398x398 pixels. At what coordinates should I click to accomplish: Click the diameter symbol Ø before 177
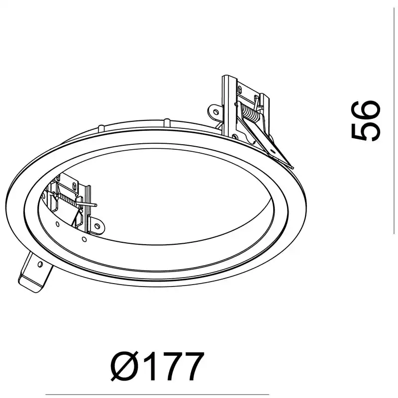(125, 366)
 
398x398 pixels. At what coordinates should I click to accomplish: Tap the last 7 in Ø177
(194, 366)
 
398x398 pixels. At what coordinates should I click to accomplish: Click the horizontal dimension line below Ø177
(157, 395)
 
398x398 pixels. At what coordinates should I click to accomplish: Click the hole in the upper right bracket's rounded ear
(215, 112)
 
